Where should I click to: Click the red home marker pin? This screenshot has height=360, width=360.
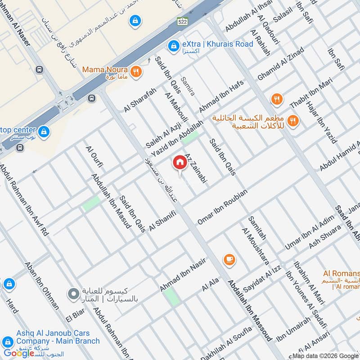coord(180,163)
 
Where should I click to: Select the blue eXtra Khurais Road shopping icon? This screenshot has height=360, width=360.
coord(173,45)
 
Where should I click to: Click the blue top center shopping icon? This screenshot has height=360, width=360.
coord(44,131)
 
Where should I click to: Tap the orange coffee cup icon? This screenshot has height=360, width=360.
coord(229,259)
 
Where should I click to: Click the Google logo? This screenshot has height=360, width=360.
coord(19,353)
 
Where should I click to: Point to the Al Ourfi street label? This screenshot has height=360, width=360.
coord(94,156)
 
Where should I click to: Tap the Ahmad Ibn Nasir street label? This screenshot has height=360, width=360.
coord(182,274)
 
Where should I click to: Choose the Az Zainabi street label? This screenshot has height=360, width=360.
coord(195,167)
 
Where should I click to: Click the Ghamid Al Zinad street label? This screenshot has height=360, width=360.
coord(280,64)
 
